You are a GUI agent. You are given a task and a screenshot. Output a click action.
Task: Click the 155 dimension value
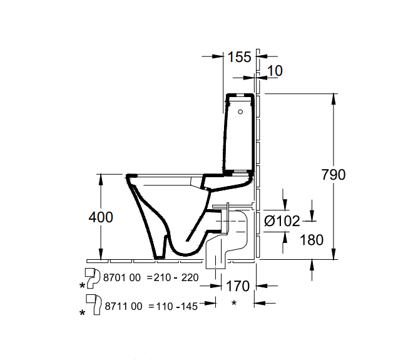pos(239,58)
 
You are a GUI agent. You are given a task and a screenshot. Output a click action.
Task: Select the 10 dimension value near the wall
pos(275,71)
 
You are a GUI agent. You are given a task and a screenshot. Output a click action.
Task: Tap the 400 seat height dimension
pos(100,217)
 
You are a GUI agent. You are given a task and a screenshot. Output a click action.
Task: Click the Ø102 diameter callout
pos(282,220)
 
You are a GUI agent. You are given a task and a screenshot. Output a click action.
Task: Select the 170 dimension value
pos(238,286)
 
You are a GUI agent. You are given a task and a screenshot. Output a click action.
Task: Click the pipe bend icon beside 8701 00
pos(92,275)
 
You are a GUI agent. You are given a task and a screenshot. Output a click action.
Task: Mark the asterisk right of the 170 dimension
pos(233,304)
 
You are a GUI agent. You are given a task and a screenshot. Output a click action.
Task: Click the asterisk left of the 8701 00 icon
pos(83,285)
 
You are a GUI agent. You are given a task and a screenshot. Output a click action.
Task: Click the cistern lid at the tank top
pos(242,95)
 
